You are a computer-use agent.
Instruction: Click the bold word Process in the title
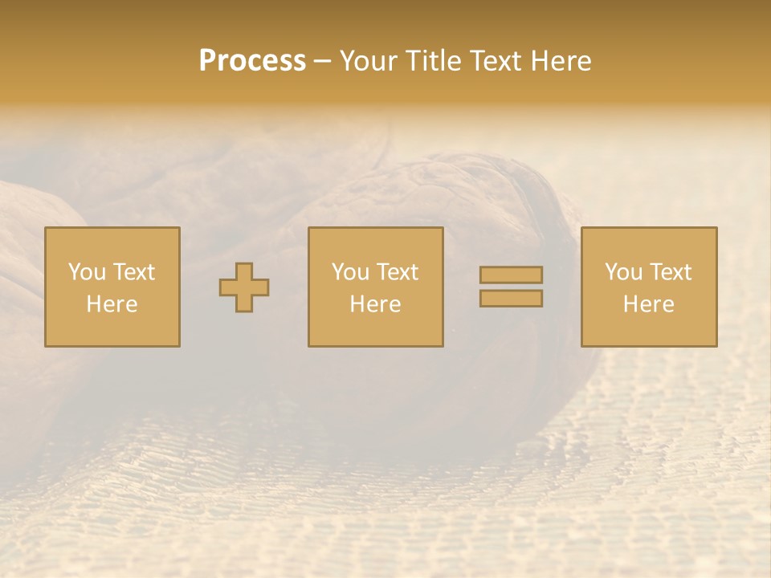pyautogui.click(x=252, y=60)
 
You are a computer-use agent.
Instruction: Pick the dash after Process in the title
pyautogui.click(x=323, y=62)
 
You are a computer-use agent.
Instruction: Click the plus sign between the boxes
pyautogui.click(x=244, y=287)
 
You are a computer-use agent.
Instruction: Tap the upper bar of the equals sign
pyautogui.click(x=511, y=275)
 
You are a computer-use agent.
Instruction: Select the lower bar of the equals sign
pyautogui.click(x=511, y=299)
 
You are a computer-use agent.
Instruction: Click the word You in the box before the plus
pyautogui.click(x=87, y=272)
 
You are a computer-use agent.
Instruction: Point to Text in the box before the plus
pyautogui.click(x=133, y=272)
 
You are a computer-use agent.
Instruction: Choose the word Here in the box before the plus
pyautogui.click(x=112, y=304)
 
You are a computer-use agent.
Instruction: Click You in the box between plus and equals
pyautogui.click(x=350, y=272)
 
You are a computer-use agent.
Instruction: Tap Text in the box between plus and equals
pyautogui.click(x=397, y=272)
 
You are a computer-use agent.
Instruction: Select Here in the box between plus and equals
pyautogui.click(x=375, y=304)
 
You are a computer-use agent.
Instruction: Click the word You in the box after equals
pyautogui.click(x=623, y=272)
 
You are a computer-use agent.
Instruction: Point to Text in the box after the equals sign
pyautogui.click(x=670, y=272)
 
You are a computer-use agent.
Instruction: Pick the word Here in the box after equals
pyautogui.click(x=648, y=304)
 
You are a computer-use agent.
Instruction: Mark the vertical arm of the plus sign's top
pyautogui.click(x=244, y=271)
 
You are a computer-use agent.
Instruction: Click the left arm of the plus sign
pyautogui.click(x=227, y=287)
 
